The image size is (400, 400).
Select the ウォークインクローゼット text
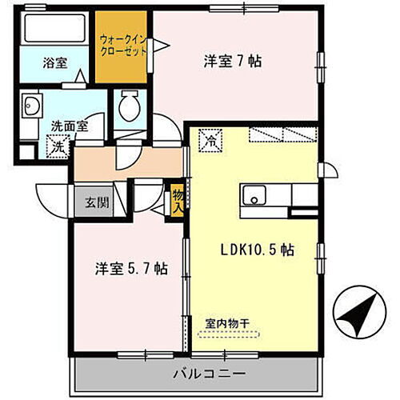123,44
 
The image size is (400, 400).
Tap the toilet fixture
129,108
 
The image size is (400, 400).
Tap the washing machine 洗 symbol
58,147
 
